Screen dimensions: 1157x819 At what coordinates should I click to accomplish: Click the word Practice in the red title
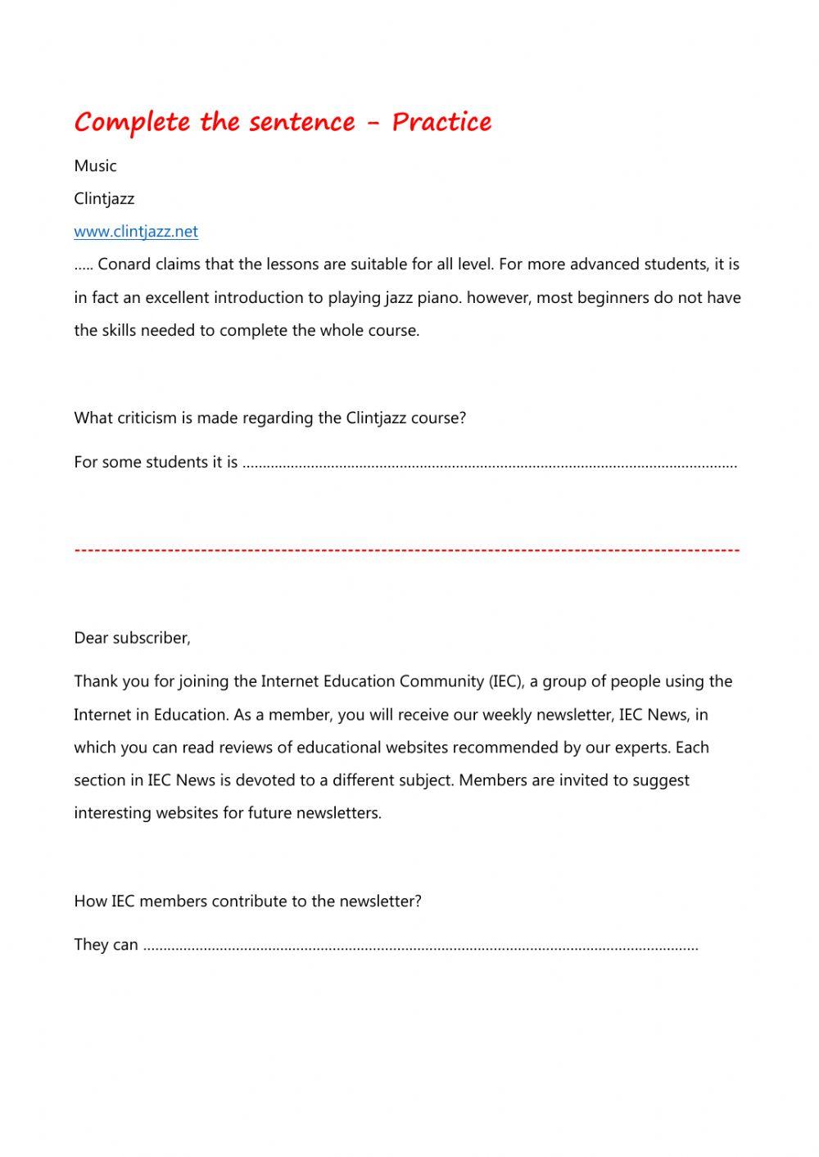click(441, 122)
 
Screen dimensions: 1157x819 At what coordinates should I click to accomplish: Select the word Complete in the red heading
click(132, 122)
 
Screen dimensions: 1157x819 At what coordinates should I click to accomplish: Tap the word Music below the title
click(95, 165)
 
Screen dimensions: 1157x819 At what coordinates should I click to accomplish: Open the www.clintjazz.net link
click(136, 231)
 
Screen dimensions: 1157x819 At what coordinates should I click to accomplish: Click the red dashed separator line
click(407, 549)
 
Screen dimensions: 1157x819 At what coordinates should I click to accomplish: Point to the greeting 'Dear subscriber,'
click(132, 638)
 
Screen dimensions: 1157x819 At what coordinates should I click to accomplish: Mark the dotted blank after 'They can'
click(420, 946)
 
